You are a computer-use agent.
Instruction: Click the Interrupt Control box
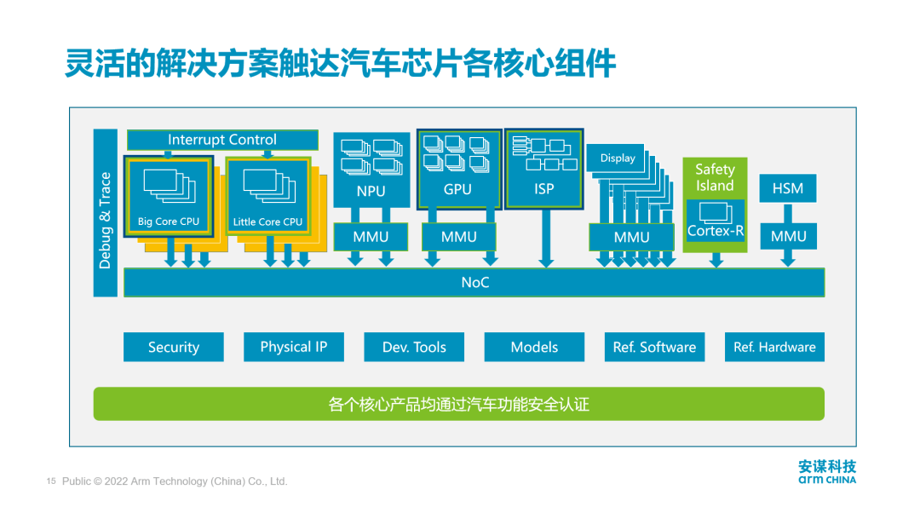[222, 140]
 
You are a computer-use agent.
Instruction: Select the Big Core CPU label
[169, 222]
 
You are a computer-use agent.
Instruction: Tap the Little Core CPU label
[268, 222]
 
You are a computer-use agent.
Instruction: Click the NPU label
[371, 192]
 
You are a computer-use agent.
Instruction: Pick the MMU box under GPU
[459, 237]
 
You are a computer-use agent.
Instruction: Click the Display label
[618, 158]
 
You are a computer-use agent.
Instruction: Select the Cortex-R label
[716, 231]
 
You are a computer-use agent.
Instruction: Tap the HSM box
[788, 188]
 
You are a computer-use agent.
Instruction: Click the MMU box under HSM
[788, 236]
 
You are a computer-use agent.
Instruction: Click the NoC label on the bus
[475, 282]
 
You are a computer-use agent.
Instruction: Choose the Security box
[174, 347]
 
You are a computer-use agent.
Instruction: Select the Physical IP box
[294, 347]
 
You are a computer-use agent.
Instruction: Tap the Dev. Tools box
[415, 347]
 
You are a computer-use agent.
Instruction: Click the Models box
[534, 347]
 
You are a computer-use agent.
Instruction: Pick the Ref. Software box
[654, 347]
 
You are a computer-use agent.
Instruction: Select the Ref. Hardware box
[774, 347]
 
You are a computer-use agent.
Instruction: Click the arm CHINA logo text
[827, 480]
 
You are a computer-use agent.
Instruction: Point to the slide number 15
[50, 481]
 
